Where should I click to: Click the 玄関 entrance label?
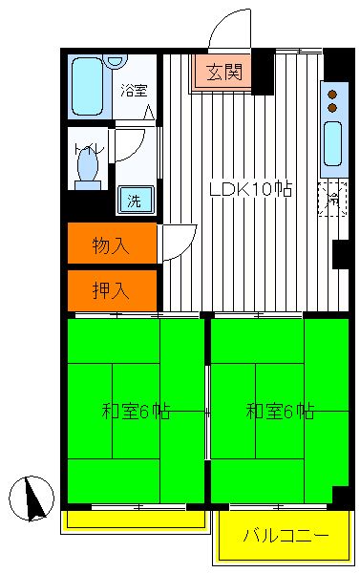coord(224,72)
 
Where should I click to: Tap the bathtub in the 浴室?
coord(87,87)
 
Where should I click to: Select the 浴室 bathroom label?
coord(134,91)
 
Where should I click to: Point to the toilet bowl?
coord(88,167)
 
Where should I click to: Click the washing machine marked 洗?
coord(136,200)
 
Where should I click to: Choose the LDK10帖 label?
coord(250,189)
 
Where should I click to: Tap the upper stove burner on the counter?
coord(332,95)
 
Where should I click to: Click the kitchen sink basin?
coord(333,143)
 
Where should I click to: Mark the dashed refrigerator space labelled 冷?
coord(332,199)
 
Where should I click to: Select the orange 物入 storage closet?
coord(113,243)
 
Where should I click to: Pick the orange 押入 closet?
coord(113,290)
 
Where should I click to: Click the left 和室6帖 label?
coord(136,412)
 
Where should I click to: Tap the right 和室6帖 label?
coord(280,412)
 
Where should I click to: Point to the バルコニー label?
coord(286,536)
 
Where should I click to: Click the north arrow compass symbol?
coord(32,499)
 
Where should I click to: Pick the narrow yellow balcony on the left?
coord(136,520)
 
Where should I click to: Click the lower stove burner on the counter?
coord(332,107)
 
